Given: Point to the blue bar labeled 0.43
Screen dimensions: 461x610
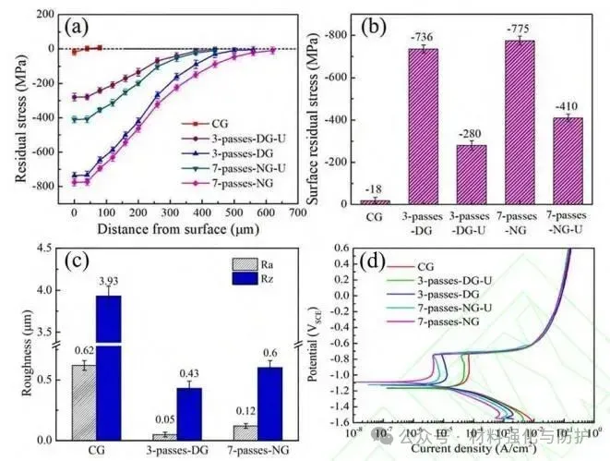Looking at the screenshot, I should coord(188,412).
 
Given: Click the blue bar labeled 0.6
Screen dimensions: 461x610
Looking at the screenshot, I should coord(270,402).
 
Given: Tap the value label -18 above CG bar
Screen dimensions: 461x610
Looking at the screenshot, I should coord(374,188).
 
